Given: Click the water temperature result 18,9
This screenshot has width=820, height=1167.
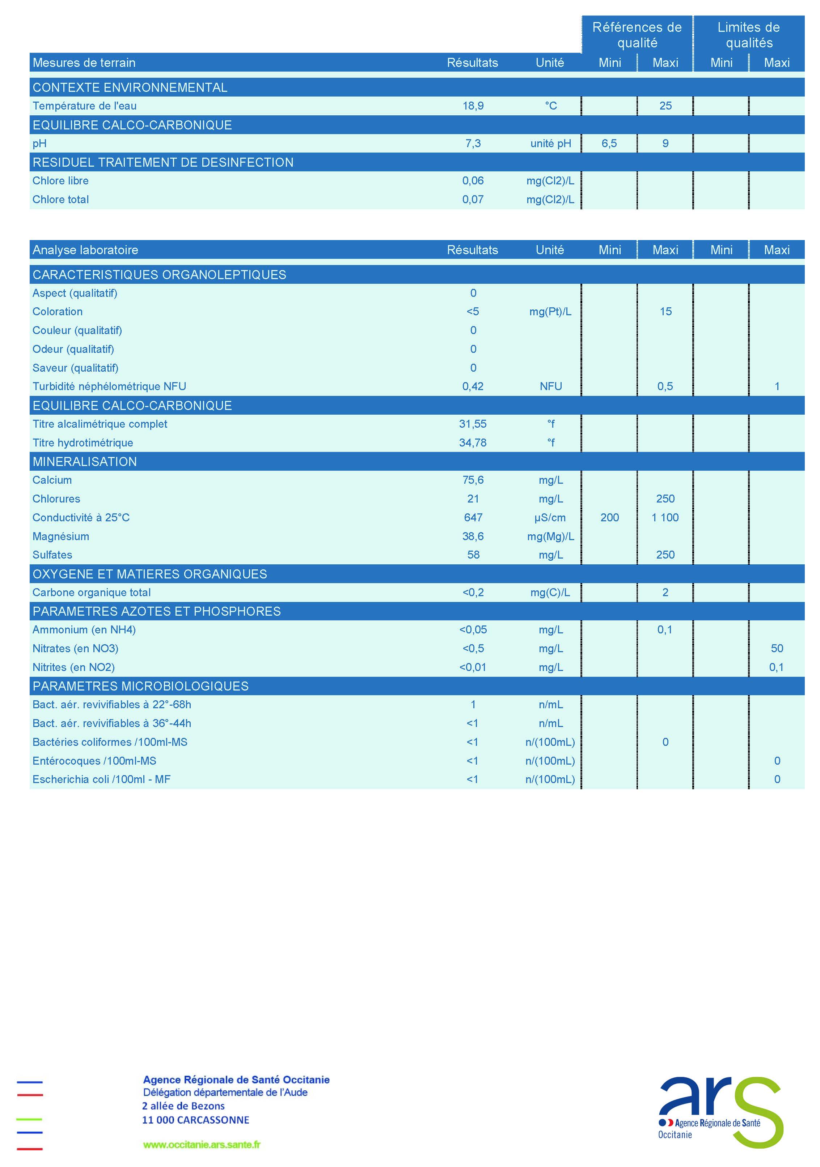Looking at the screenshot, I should pos(473,106).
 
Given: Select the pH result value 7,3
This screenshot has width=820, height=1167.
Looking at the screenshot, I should pos(473,143).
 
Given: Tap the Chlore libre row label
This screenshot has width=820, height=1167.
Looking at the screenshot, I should pos(60,180).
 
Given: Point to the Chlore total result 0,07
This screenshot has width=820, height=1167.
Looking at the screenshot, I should pos(473,199).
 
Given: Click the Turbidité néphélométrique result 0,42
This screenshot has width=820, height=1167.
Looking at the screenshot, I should pos(473,386).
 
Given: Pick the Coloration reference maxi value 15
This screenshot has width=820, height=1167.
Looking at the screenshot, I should pos(665,312).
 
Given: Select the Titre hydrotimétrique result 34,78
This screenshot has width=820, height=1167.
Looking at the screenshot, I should pos(473,443).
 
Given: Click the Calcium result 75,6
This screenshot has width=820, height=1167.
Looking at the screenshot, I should pos(473,480).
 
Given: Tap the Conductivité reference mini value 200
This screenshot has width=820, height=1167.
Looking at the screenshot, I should pos(609,517).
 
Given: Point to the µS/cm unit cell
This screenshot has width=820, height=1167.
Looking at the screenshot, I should pos(550,517).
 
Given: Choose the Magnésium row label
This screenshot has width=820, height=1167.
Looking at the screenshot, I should pos(60,536).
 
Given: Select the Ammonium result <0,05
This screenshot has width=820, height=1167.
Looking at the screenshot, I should pos(473,629).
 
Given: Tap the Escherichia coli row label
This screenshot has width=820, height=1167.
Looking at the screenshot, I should pos(101,779).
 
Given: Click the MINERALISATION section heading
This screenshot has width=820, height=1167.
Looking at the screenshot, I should pos(84,462).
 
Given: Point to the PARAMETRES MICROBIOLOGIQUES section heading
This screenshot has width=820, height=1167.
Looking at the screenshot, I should pos(140,686).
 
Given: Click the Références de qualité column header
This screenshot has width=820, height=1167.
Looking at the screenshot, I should pos(637,35).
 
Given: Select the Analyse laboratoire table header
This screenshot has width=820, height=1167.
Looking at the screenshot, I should pos(85,249).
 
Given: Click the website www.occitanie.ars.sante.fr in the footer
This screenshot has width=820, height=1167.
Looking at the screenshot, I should pos(202,1144).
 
